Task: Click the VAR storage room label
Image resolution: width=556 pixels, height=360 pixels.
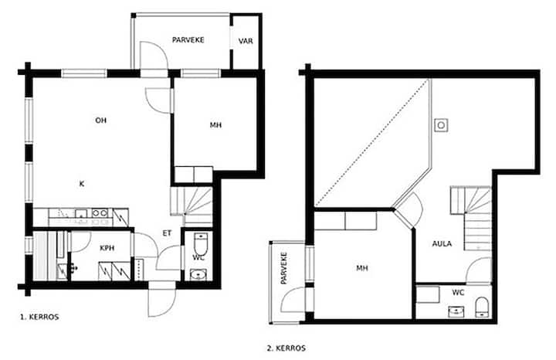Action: (x=246, y=41)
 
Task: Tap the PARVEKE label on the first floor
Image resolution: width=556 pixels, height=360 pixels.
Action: (x=188, y=40)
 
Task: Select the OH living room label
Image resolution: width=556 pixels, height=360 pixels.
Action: (x=100, y=121)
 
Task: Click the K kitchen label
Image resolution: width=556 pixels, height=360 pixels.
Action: (x=82, y=184)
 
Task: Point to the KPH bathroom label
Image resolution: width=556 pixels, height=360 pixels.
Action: (x=107, y=248)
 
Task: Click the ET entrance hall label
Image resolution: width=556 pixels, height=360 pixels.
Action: (x=167, y=233)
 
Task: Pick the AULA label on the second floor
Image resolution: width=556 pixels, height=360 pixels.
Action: (x=442, y=243)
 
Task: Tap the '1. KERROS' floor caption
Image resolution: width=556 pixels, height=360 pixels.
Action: (x=39, y=317)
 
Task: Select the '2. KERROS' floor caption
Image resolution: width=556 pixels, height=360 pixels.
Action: (x=286, y=348)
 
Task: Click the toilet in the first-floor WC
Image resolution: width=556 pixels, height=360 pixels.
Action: (x=201, y=243)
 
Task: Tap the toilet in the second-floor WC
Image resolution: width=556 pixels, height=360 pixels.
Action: (x=482, y=307)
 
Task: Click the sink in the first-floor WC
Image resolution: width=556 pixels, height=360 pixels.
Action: (x=198, y=274)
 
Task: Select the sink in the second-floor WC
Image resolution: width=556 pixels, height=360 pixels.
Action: (x=456, y=311)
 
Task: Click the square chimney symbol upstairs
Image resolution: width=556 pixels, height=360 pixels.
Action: (x=441, y=125)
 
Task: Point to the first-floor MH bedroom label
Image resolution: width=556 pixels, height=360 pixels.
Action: (x=215, y=125)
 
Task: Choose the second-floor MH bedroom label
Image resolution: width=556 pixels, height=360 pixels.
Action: (x=362, y=268)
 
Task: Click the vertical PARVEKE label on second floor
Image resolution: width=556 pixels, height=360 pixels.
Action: (x=283, y=268)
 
